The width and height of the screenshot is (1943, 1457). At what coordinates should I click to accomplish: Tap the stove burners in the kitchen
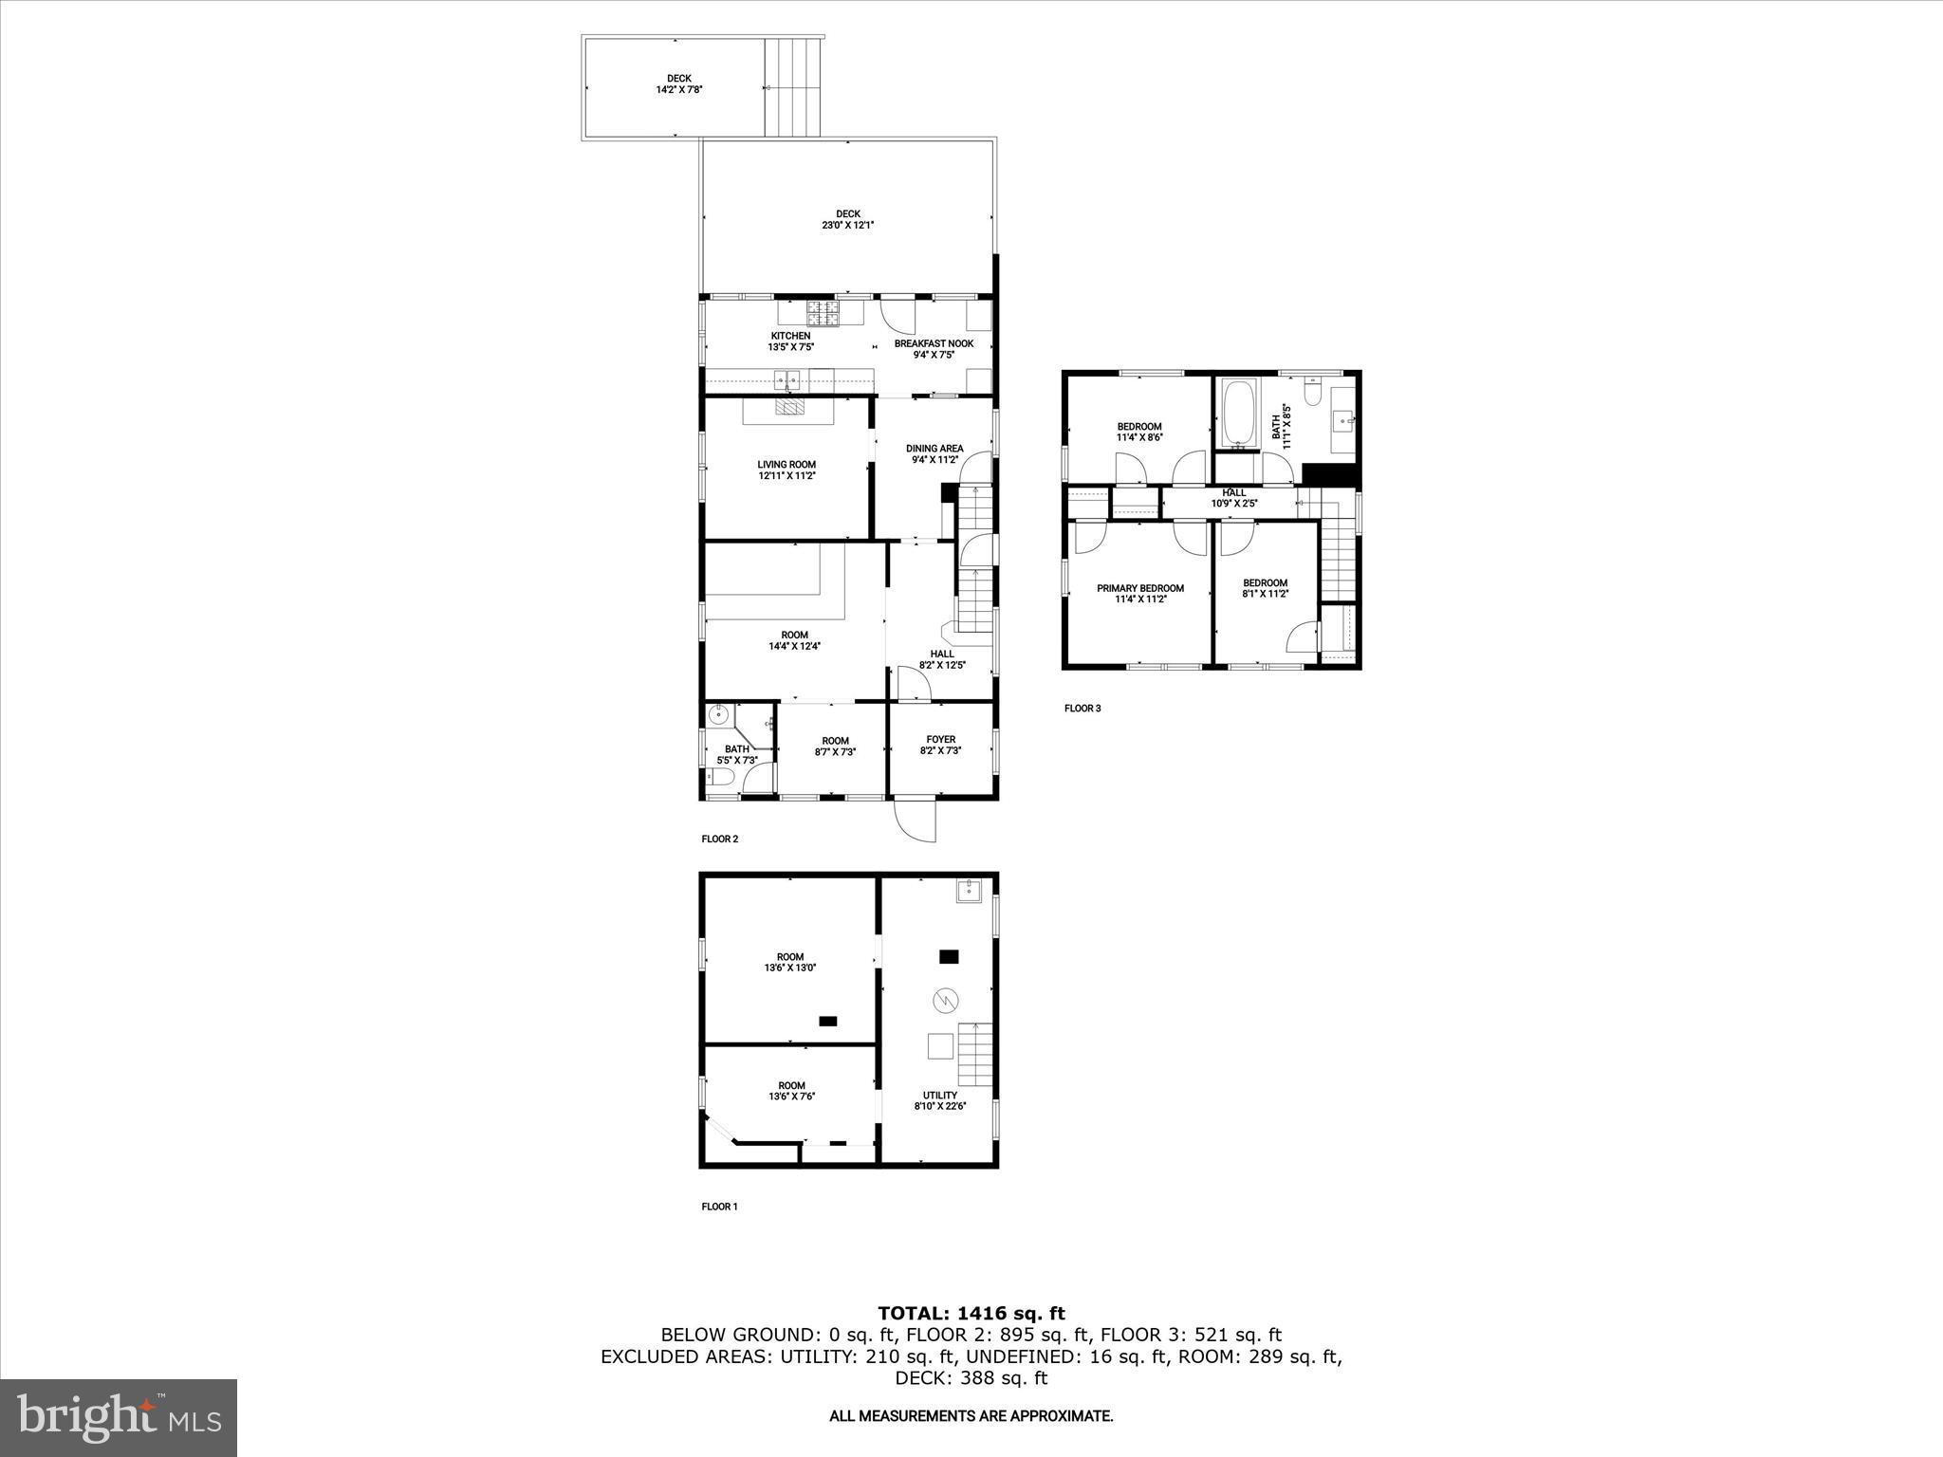click(823, 313)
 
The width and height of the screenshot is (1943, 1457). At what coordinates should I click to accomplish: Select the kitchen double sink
click(788, 380)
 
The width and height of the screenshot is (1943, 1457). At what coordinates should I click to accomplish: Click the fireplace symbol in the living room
click(788, 407)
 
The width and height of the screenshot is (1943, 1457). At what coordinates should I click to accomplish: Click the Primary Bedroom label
click(1140, 593)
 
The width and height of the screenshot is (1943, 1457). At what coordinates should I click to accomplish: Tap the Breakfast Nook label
click(934, 349)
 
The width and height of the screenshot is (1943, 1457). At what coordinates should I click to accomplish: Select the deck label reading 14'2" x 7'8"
click(678, 84)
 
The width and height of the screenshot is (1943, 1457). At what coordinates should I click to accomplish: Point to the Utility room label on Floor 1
click(940, 1100)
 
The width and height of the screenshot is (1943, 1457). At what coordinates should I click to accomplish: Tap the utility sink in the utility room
click(968, 891)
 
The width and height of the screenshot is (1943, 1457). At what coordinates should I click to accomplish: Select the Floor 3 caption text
click(1083, 709)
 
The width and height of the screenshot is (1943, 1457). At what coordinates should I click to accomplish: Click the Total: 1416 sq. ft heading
click(971, 1314)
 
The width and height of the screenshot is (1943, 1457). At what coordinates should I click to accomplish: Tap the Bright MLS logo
click(119, 1417)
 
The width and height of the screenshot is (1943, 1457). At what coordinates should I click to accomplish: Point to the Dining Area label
click(934, 453)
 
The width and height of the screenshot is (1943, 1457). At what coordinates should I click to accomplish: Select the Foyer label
click(940, 745)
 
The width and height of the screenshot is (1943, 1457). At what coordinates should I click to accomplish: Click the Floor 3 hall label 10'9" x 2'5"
click(1233, 498)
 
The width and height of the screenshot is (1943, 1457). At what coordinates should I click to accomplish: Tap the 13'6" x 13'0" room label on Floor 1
click(789, 962)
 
